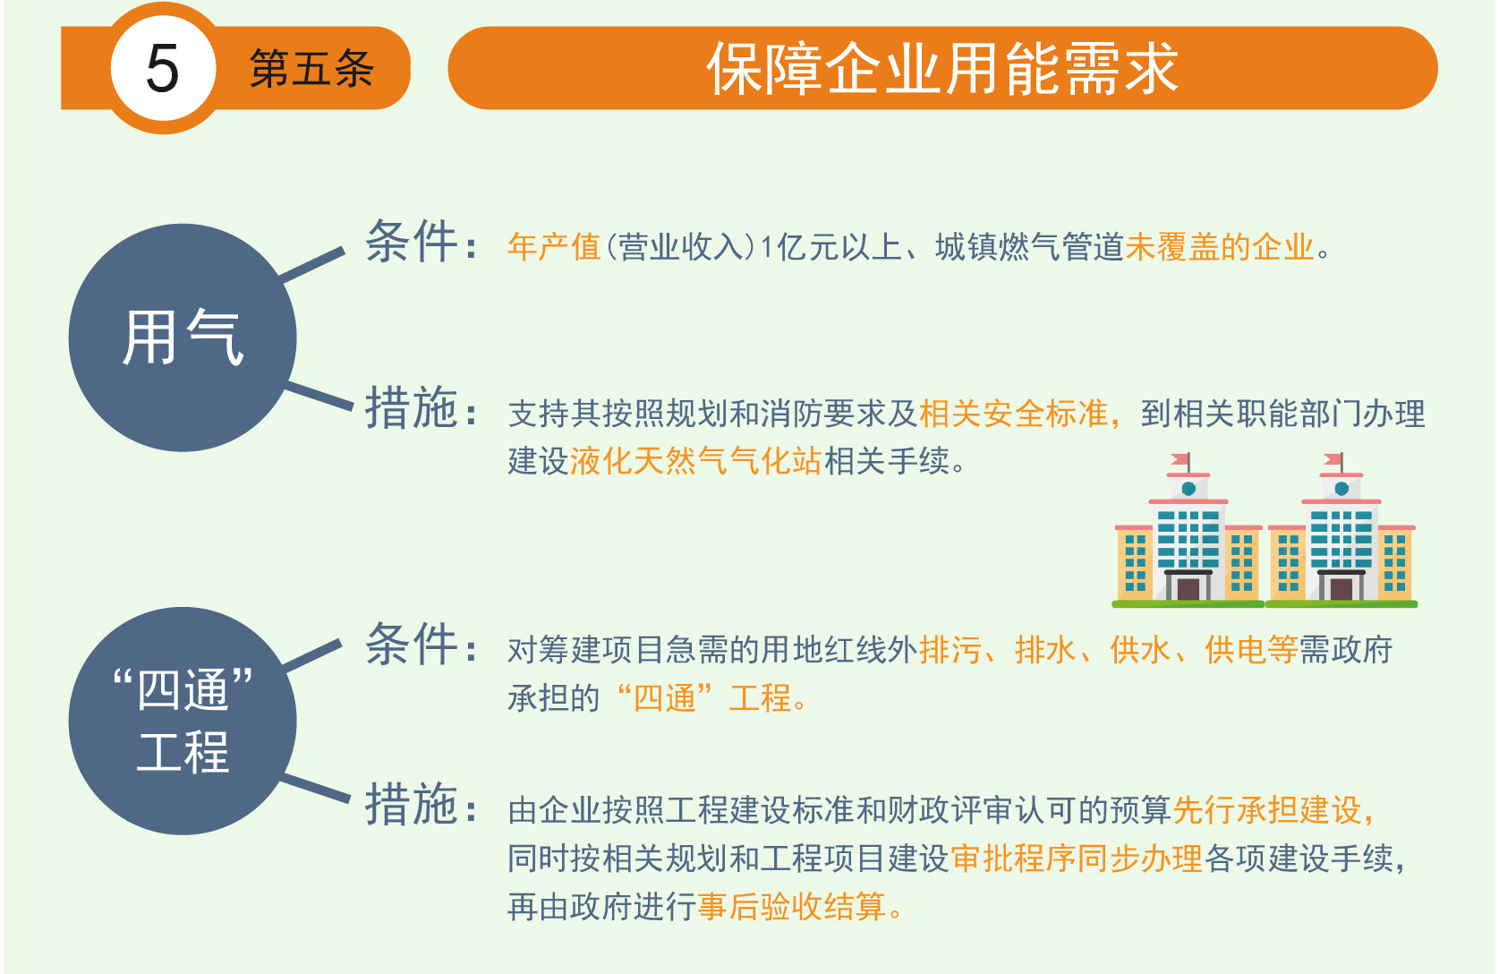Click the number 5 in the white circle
click(x=163, y=68)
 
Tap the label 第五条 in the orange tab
click(x=311, y=68)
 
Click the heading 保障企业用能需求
click(x=942, y=68)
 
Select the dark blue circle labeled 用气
click(x=182, y=337)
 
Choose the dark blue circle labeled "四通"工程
click(x=182, y=721)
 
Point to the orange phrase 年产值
click(x=553, y=246)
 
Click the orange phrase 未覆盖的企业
click(x=1220, y=246)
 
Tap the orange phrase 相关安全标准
click(x=1014, y=413)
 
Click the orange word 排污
click(x=950, y=649)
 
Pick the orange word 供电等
click(x=1251, y=649)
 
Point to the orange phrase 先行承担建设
click(x=1267, y=810)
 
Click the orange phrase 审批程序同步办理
click(x=1077, y=859)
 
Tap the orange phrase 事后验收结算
click(x=792, y=906)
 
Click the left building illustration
click(x=1188, y=530)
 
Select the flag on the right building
click(x=1333, y=459)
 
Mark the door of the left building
click(x=1188, y=589)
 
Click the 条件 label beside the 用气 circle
click(x=412, y=241)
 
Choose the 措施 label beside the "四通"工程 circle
click(x=412, y=803)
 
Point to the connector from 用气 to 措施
click(x=319, y=396)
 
